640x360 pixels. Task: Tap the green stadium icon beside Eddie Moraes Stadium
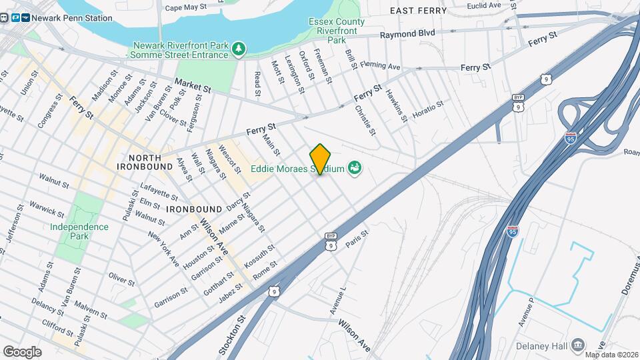354,168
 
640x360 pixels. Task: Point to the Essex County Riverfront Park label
337,31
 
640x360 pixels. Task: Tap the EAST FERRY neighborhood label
417,11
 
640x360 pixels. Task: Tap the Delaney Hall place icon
577,345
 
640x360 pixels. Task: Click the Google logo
22,351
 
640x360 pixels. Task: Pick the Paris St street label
357,241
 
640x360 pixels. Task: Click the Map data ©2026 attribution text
608,355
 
